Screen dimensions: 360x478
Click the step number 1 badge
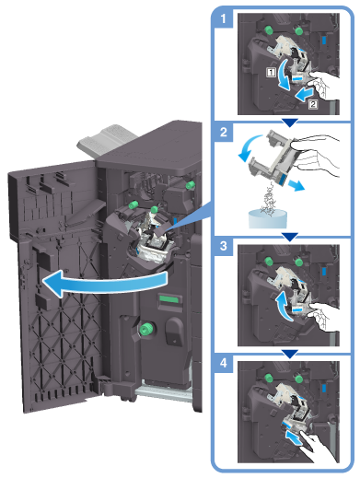coord(223,19)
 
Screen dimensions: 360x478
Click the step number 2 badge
coord(223,132)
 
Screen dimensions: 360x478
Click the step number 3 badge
coord(223,247)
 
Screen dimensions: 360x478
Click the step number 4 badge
coord(223,364)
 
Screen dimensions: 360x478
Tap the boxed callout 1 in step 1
coord(271,73)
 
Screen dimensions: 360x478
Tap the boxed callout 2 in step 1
coord(313,104)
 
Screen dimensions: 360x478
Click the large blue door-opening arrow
coord(104,283)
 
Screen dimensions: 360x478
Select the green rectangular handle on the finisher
coord(168,298)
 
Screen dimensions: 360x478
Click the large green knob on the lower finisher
coord(146,329)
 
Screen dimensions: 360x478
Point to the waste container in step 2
coord(268,219)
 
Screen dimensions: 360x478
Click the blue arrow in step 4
coord(294,437)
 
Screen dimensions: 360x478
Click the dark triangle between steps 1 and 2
coord(290,122)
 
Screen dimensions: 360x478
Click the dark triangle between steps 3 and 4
coord(290,354)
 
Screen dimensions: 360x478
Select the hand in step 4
coord(319,448)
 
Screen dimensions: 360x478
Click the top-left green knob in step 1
coord(269,30)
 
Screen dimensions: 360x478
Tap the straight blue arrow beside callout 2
coord(305,93)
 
